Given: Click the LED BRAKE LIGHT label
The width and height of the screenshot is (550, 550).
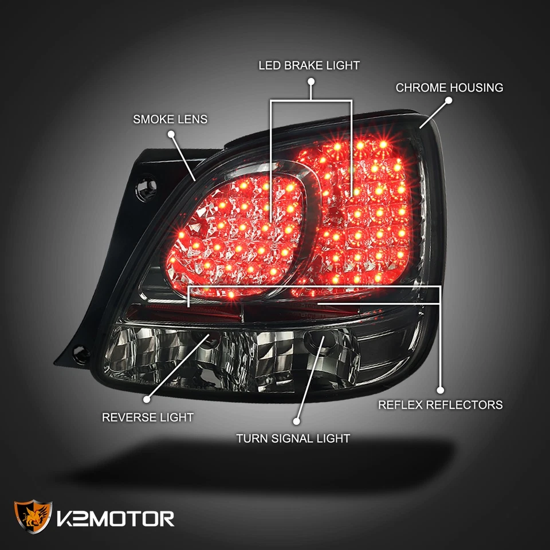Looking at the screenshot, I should [309, 65].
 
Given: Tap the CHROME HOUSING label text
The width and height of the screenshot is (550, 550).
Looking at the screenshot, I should [449, 88].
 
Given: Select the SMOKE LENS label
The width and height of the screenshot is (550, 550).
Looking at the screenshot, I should [170, 119].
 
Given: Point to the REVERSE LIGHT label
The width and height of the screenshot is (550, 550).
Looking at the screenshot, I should [147, 417].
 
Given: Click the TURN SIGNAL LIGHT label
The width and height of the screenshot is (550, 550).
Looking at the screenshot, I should [293, 439].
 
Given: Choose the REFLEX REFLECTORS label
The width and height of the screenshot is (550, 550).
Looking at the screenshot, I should [440, 404].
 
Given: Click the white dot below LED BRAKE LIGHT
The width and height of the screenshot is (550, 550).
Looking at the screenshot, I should [311, 82].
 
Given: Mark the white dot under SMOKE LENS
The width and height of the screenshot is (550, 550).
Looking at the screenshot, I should [171, 134].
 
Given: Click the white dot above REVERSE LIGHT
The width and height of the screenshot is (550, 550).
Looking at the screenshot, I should [147, 399].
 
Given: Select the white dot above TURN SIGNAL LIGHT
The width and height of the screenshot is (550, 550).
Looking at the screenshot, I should [296, 421].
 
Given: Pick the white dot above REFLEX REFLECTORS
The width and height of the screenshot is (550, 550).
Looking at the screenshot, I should [441, 387].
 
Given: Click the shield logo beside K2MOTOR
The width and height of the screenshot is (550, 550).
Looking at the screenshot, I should [33, 518].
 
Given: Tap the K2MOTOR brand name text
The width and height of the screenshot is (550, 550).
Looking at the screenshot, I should [115, 518].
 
